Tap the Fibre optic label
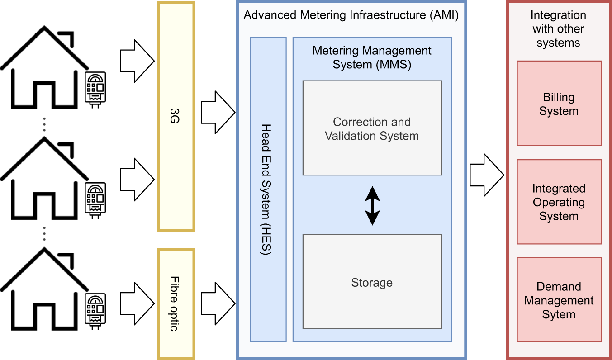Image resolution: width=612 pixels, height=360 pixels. pos(176,303)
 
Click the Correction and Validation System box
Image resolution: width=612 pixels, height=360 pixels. pos(372,128)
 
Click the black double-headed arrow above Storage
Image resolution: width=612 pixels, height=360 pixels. pos(372,205)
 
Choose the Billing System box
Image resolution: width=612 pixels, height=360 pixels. pos(559,104)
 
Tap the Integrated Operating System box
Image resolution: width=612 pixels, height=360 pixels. pos(559,202)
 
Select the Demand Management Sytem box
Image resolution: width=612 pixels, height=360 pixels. pos(559,300)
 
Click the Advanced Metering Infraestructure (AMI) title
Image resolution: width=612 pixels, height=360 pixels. pos(351,15)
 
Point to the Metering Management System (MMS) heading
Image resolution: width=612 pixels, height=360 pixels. pos(372,57)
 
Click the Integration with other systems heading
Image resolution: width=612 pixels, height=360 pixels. pos(558,29)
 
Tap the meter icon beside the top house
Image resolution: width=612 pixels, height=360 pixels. pos(96,90)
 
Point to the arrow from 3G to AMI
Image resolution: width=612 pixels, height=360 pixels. pos(218,112)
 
